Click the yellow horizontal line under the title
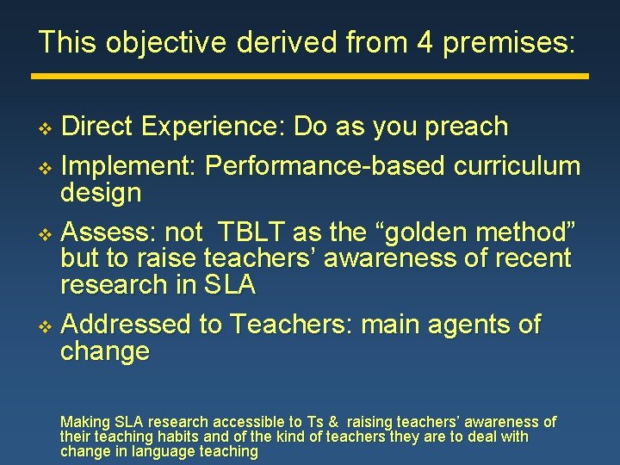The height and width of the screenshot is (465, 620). tap(310, 76)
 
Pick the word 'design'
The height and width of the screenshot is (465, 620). tap(101, 192)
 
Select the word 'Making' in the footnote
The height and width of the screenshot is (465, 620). tap(84, 422)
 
